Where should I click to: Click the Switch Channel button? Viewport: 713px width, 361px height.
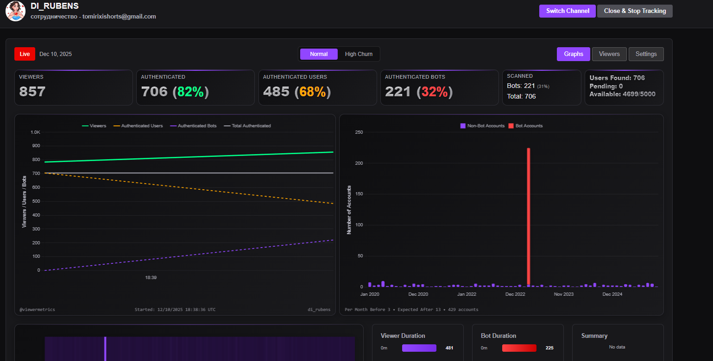tap(568, 11)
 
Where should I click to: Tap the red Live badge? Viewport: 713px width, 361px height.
tap(25, 54)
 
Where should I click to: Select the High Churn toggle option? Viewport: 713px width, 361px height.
tap(359, 54)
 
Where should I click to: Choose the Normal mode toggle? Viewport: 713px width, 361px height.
tap(319, 54)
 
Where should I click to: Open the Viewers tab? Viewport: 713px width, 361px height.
tap(609, 54)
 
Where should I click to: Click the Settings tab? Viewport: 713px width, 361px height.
tap(646, 54)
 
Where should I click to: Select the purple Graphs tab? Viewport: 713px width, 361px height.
tap(574, 54)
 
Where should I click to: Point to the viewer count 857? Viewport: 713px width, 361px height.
tap(32, 92)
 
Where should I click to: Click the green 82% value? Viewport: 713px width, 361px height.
tap(190, 92)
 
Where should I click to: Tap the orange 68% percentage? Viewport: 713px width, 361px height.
tap(312, 92)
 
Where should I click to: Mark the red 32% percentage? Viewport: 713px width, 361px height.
tap(435, 92)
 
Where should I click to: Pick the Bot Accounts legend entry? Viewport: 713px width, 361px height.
tap(525, 126)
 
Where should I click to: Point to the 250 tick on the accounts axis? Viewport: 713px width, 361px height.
tap(359, 132)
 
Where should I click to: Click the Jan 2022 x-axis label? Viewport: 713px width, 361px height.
tap(467, 294)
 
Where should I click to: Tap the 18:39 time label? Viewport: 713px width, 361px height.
tap(151, 278)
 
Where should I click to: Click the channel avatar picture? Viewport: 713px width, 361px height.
tap(15, 11)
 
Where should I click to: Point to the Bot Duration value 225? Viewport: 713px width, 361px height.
tap(549, 348)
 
